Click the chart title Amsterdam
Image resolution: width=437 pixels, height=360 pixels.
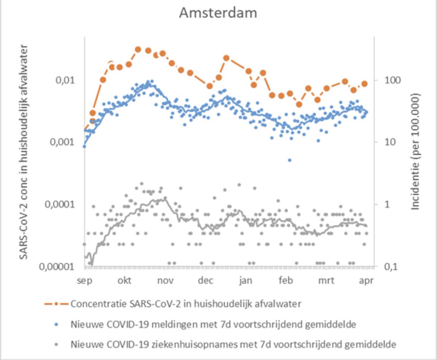tap(218, 13)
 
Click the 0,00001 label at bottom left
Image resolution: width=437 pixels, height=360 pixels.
tap(59, 266)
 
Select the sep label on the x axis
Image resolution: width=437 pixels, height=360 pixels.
tap(84, 281)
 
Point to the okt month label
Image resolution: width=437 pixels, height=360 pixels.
tap(125, 281)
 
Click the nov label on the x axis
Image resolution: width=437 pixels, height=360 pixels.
tap(165, 281)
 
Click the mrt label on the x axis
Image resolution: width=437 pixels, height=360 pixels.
tap(326, 281)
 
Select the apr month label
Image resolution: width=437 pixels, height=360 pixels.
tap(366, 281)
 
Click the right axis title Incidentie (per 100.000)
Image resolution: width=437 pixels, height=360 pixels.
tap(416, 151)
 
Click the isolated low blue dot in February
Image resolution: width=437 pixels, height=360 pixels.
tap(290, 160)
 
